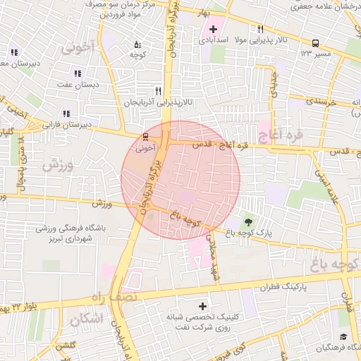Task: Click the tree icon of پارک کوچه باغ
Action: click(247, 221)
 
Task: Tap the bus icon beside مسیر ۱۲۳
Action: click(314, 42)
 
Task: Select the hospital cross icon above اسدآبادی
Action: click(213, 29)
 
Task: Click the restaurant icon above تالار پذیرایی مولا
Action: click(260, 29)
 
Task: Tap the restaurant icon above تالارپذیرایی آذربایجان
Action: click(158, 91)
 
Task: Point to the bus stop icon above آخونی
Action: click(145, 136)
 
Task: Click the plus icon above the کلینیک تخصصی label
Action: click(203, 306)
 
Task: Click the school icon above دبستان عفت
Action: click(78, 73)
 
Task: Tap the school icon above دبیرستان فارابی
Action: click(66, 114)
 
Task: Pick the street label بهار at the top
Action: click(204, 13)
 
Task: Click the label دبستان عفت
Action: click(75, 85)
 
